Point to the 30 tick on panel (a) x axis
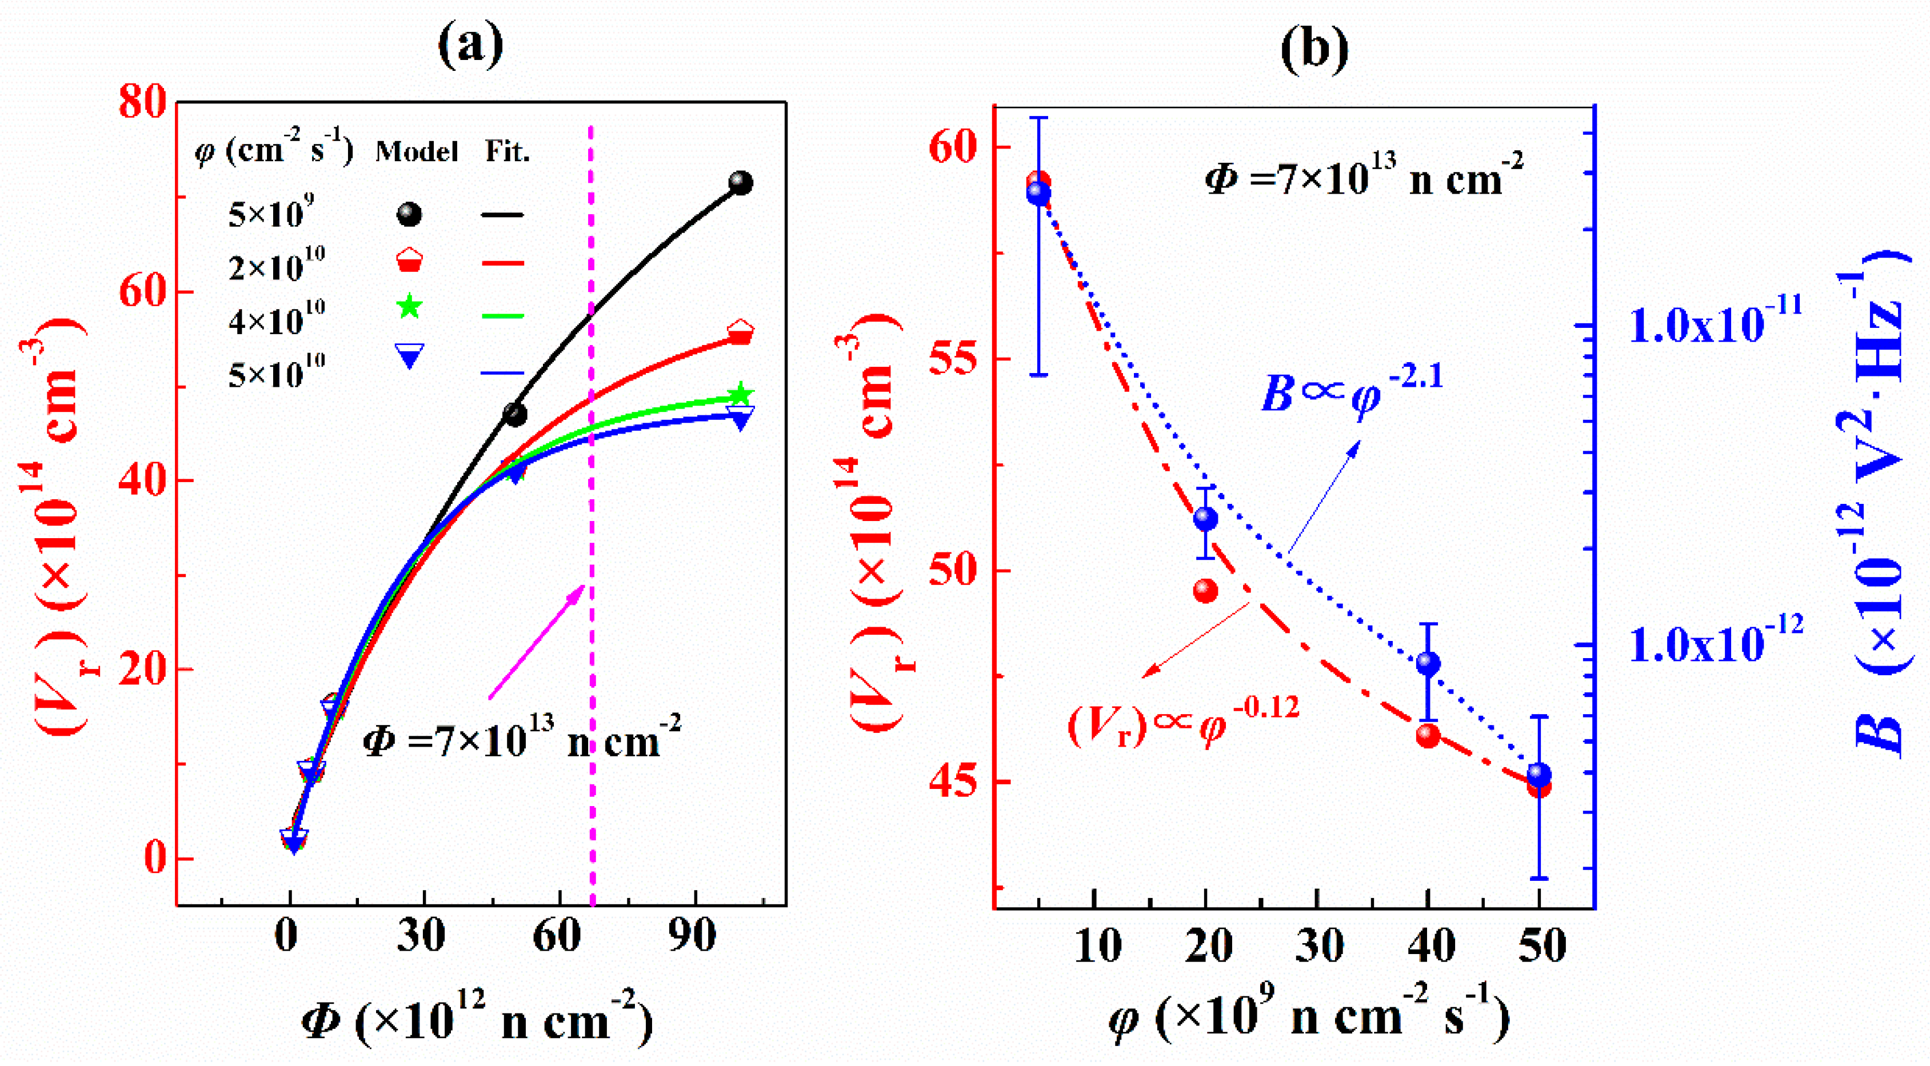[x=421, y=936]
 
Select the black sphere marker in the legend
[x=409, y=215]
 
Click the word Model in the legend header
[x=417, y=152]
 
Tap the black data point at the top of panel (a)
[x=740, y=183]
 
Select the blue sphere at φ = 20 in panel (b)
[x=1205, y=518]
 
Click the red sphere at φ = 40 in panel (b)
[x=1428, y=736]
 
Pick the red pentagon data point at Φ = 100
[x=740, y=332]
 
